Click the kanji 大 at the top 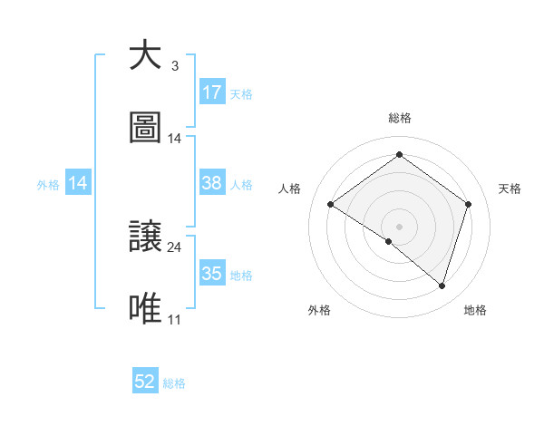(145, 56)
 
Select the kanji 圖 (145, 127)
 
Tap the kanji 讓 (145, 237)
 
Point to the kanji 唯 (145, 308)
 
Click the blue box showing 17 (212, 92)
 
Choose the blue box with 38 (212, 183)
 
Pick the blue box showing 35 (212, 274)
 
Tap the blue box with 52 (145, 382)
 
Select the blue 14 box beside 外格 (78, 183)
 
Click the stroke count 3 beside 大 (174, 66)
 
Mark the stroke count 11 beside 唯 (174, 319)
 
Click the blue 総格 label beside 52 (174, 383)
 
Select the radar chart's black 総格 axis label (400, 118)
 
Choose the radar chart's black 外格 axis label (319, 310)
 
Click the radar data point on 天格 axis (469, 204)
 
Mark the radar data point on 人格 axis (331, 204)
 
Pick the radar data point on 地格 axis (442, 286)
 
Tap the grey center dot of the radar (399, 226)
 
